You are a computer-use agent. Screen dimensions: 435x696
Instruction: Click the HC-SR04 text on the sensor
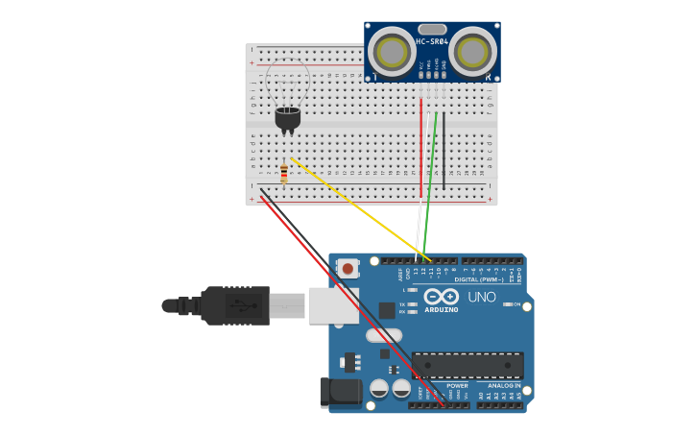pyautogui.click(x=432, y=42)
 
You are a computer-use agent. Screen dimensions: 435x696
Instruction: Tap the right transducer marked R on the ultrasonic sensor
pyautogui.click(x=473, y=52)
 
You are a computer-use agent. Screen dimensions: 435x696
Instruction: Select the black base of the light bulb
pyautogui.click(x=287, y=118)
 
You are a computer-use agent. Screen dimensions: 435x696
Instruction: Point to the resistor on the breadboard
pyautogui.click(x=284, y=173)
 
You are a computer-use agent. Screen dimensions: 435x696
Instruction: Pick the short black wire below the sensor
pyautogui.click(x=444, y=149)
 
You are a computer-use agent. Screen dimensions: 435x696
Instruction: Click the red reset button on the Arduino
pyautogui.click(x=348, y=269)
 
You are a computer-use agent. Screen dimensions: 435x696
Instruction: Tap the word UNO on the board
pyautogui.click(x=481, y=297)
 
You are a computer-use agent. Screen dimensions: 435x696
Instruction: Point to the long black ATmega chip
pyautogui.click(x=468, y=365)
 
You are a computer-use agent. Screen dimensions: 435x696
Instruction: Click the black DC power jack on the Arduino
pyautogui.click(x=340, y=392)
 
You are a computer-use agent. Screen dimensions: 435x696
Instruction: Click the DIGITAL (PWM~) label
pyautogui.click(x=486, y=279)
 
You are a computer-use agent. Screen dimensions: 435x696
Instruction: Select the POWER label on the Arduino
pyautogui.click(x=457, y=386)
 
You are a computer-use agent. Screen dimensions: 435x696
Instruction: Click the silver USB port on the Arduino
pyautogui.click(x=332, y=305)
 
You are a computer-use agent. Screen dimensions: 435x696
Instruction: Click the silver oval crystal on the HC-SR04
pyautogui.click(x=432, y=30)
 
